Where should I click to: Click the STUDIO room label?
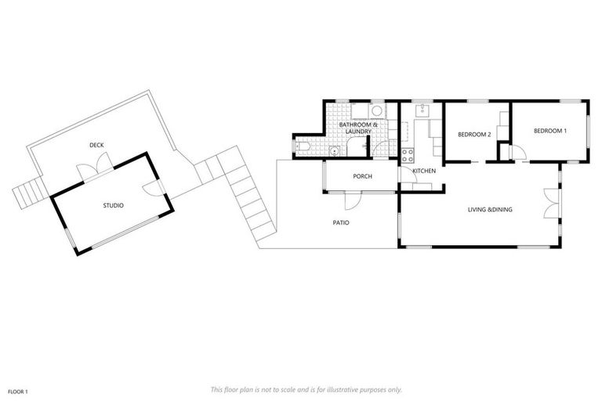click(114, 205)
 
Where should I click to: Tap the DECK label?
click(96, 145)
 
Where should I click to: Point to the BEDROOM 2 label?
click(474, 135)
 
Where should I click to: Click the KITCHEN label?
click(424, 171)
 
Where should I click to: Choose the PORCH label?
click(362, 176)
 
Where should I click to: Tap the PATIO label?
click(340, 222)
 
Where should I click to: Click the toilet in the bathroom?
click(301, 146)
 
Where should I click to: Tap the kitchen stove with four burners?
click(408, 155)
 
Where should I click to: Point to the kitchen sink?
click(422, 109)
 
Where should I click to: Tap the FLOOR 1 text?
click(18, 390)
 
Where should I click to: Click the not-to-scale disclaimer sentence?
click(306, 388)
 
